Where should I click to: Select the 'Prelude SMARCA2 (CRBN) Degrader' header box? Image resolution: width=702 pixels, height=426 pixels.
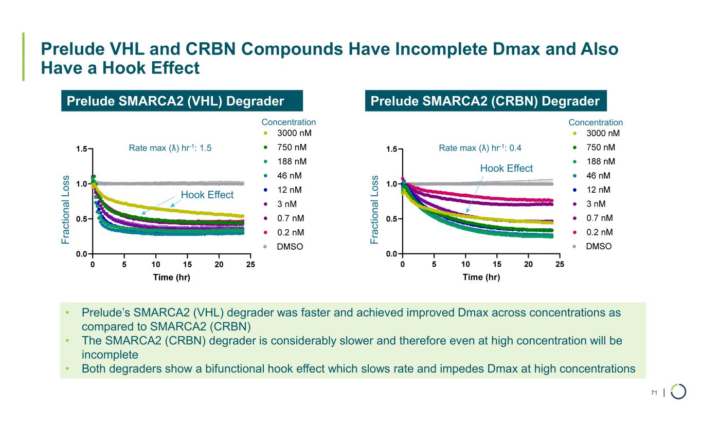point(486,101)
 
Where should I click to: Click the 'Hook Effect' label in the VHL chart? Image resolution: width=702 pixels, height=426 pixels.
point(207,195)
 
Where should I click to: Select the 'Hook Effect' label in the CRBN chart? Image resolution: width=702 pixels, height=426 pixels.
point(506,168)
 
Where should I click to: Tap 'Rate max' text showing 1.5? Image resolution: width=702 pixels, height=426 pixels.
point(170,148)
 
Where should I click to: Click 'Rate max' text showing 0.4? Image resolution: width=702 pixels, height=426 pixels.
point(480,148)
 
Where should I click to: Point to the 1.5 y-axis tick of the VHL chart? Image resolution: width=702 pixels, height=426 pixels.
point(81,149)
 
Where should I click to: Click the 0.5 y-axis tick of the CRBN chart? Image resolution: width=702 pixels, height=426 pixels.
point(391,219)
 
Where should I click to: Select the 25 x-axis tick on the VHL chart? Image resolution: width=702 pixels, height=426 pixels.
point(250,265)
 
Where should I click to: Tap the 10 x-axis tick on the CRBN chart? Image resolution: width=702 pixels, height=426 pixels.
point(465,265)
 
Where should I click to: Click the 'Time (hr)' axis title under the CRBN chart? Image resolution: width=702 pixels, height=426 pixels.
point(481,277)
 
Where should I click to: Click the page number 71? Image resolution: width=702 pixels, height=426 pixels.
point(654,393)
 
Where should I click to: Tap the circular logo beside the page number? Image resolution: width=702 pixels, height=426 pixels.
point(678,392)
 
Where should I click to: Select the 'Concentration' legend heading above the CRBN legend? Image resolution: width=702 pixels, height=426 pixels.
point(596,122)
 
